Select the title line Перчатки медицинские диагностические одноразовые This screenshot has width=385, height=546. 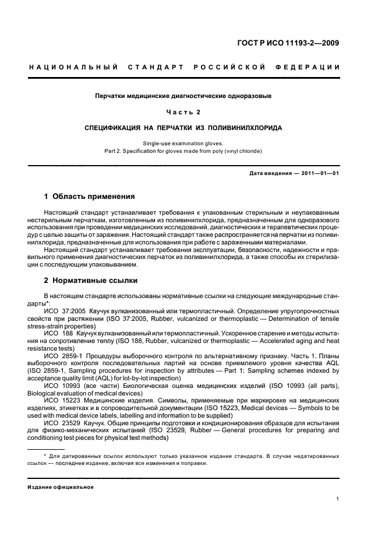point(183,95)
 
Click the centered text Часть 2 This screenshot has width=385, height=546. point(183,111)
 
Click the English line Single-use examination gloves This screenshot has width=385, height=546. point(183,143)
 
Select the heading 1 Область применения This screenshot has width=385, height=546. point(90,196)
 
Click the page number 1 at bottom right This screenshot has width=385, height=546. point(338,499)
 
